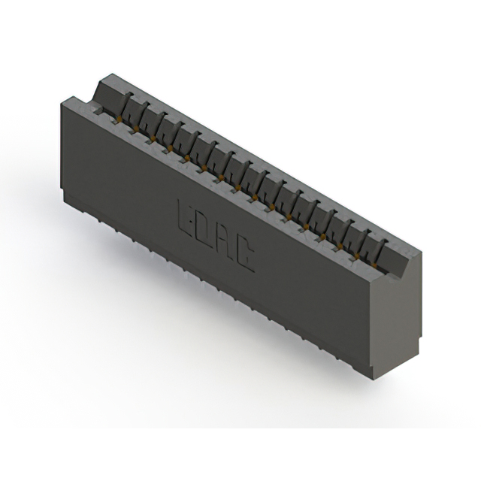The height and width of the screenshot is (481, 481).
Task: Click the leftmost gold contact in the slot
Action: [119, 119]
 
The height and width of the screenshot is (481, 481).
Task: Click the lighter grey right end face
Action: [397, 316]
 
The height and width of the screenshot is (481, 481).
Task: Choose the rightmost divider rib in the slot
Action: [382, 249]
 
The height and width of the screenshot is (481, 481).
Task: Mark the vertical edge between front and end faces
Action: [374, 323]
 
